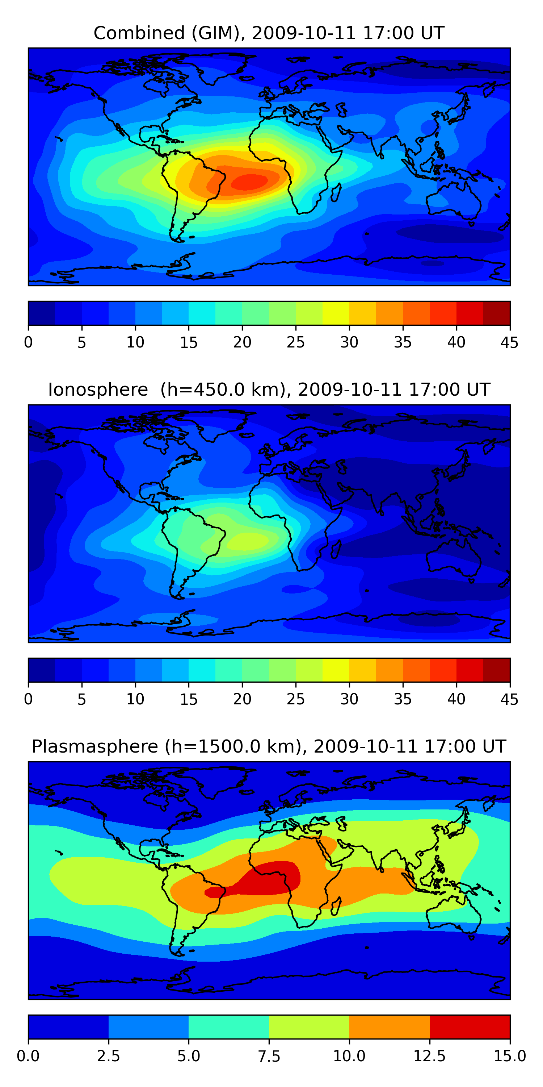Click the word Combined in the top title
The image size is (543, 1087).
click(x=139, y=33)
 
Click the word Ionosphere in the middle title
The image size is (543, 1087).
click(x=98, y=390)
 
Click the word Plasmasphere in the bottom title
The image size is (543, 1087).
click(x=95, y=746)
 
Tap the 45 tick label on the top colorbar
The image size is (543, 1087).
click(x=509, y=342)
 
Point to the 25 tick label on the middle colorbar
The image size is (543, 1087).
click(x=295, y=699)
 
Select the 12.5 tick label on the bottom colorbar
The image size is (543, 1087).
click(x=429, y=1056)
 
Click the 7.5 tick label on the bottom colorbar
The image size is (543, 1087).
click(x=269, y=1056)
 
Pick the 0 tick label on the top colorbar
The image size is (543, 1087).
click(x=28, y=342)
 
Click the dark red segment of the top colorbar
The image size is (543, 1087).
click(x=496, y=313)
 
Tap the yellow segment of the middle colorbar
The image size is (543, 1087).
click(x=336, y=670)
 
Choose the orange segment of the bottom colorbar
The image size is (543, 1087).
click(x=389, y=1026)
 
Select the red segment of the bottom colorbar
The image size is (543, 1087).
click(x=470, y=1026)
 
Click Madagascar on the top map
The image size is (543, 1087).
click(x=336, y=192)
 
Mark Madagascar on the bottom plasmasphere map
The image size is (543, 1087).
click(x=336, y=906)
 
